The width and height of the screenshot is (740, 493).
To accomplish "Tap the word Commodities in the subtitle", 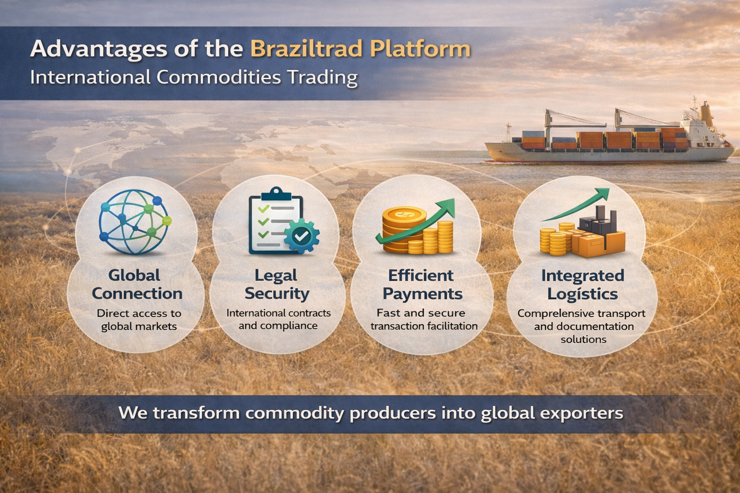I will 218,78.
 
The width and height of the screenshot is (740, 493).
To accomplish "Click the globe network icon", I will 134,221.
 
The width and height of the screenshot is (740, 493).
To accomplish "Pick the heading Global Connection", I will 136,284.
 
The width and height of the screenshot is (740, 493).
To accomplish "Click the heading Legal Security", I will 277,284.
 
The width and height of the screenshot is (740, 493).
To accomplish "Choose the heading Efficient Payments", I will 422,284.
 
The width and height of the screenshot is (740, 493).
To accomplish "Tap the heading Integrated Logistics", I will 582,284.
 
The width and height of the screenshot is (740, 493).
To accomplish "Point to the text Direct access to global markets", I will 139,320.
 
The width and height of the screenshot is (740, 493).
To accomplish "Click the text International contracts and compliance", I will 278,319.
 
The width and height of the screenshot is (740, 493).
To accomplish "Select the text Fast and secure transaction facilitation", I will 423,319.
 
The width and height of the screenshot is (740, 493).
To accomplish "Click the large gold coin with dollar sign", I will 404,215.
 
